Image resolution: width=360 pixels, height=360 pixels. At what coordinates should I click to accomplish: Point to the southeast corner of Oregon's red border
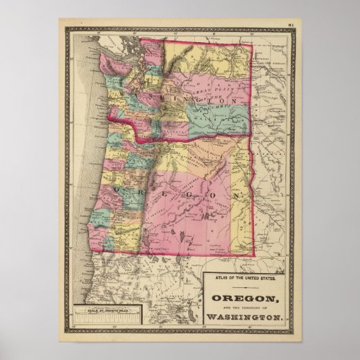click(255, 256)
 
